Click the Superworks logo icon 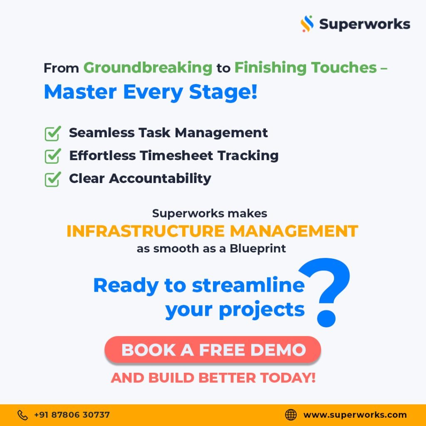tap(307, 24)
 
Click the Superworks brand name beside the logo tap(364, 24)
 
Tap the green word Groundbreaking tap(148, 68)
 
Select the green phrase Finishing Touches tap(306, 68)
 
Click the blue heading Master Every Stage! tap(151, 92)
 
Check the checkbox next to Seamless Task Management tap(53, 134)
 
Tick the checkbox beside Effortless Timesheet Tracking tap(53, 156)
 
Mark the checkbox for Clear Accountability tap(53, 179)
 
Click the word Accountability tap(160, 178)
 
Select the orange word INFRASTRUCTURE tap(145, 231)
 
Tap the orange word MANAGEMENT tap(294, 231)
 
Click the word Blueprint tap(258, 249)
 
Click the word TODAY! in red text tap(288, 378)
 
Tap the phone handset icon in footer tap(22, 415)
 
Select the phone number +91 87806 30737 tap(72, 415)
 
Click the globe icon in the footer tap(291, 415)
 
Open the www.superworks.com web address tap(355, 415)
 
